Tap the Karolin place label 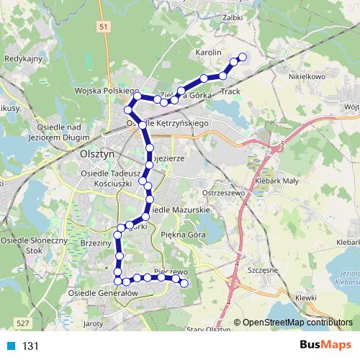(208, 53)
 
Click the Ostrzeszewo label (225, 194)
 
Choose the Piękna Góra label (184, 235)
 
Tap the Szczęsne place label (263, 269)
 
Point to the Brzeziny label (96, 244)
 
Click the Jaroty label (94, 324)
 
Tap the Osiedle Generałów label (102, 294)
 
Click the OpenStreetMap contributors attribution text (297, 323)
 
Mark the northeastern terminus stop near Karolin (243, 58)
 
